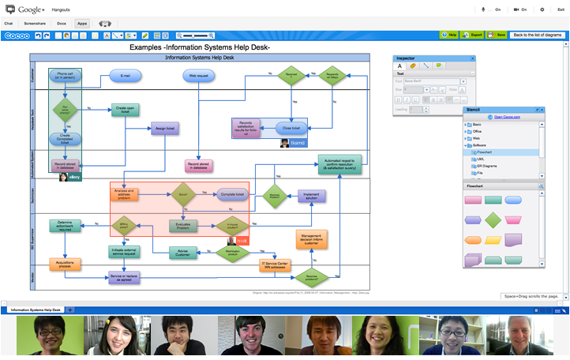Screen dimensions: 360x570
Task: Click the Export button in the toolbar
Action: [x=474, y=36]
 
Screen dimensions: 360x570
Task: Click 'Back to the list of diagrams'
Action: [x=536, y=36]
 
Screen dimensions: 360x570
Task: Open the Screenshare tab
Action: [x=35, y=24]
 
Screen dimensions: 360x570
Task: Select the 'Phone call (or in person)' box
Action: [x=65, y=77]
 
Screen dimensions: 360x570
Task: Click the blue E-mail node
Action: [x=125, y=77]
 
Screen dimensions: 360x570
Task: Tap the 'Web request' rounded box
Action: [x=197, y=77]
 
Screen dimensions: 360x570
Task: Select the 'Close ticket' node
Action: [x=291, y=127]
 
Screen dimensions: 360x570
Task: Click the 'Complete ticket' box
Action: [x=230, y=193]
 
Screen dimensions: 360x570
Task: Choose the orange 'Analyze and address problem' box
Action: [x=125, y=193]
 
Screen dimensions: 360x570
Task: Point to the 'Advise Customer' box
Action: [x=183, y=252]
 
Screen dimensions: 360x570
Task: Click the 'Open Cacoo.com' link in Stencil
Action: [x=507, y=117]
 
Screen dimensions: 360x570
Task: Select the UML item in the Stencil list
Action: [x=481, y=159]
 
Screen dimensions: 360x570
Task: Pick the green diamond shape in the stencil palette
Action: [x=493, y=219]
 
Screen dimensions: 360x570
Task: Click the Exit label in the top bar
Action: [x=561, y=9]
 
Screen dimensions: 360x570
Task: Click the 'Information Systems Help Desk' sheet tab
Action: [x=36, y=310]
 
